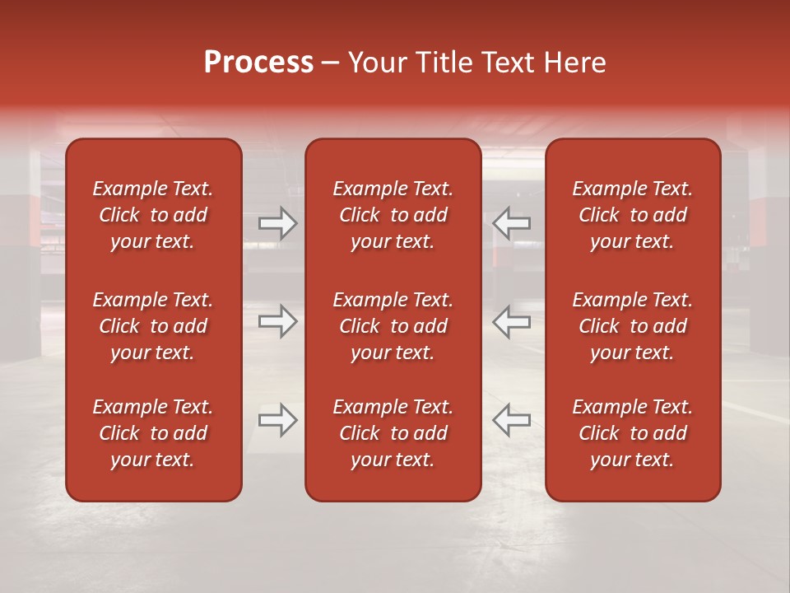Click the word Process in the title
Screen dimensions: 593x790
[258, 63]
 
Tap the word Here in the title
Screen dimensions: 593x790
[574, 63]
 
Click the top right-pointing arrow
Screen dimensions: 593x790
[277, 223]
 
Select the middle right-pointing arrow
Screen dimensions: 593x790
[277, 321]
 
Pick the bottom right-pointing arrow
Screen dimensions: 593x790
[277, 419]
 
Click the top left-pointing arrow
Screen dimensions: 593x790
[512, 223]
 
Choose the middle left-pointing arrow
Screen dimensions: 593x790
[512, 321]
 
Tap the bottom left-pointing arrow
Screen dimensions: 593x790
[512, 419]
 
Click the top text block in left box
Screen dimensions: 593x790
[153, 215]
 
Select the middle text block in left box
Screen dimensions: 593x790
[153, 326]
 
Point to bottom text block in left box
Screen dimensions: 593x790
[153, 433]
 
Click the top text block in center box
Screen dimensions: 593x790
[393, 215]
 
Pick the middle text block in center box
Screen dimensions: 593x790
[393, 326]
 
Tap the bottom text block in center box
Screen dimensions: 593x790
[393, 433]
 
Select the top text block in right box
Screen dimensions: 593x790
[633, 215]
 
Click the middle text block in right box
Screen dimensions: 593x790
[633, 326]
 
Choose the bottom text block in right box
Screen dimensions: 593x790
[633, 433]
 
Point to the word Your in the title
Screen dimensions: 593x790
[375, 63]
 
